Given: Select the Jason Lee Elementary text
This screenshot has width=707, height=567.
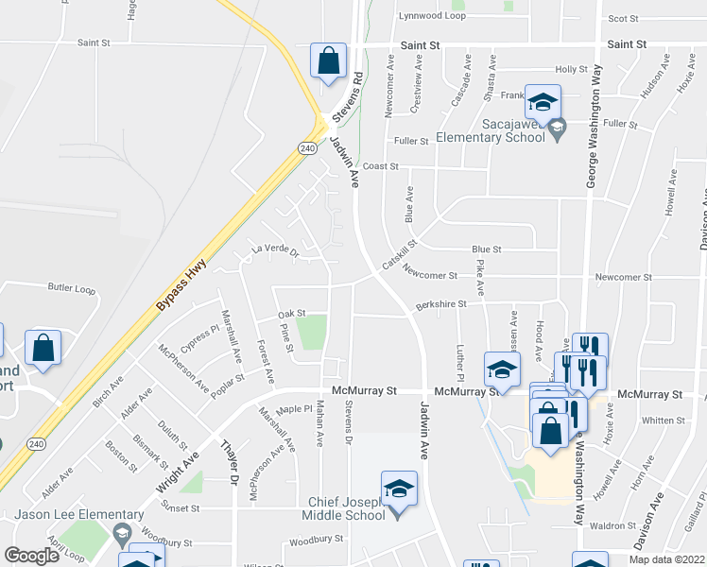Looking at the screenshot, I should point(59,515).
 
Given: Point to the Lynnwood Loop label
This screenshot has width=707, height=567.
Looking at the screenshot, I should point(432,16).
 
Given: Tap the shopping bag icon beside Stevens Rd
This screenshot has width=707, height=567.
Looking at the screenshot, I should point(327,62).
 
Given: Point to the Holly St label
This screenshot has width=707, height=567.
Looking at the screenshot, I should point(571,69).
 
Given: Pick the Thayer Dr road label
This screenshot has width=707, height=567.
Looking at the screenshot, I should point(230,462).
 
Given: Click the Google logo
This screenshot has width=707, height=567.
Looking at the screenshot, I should point(31,556).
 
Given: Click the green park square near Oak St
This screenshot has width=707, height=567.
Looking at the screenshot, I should point(312,332).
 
